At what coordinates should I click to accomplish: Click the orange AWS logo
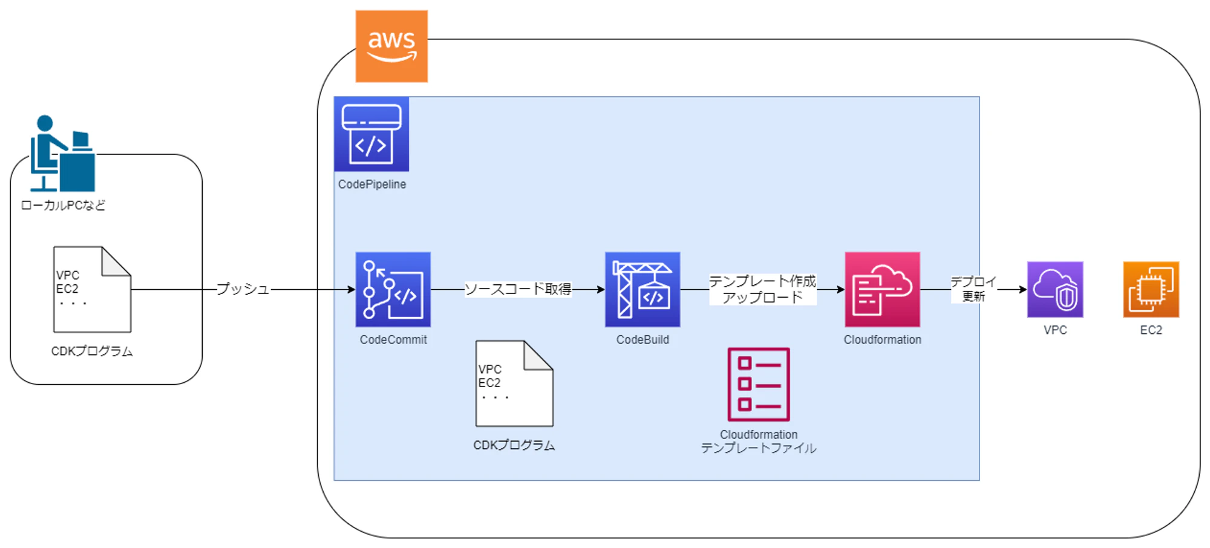pyautogui.click(x=391, y=46)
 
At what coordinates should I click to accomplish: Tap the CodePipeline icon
pyautogui.click(x=371, y=134)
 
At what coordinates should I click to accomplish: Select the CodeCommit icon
pyautogui.click(x=393, y=290)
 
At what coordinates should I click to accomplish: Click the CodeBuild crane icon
pyautogui.click(x=643, y=290)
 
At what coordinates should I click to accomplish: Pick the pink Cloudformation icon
pyautogui.click(x=882, y=290)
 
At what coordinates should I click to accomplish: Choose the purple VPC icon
pyautogui.click(x=1055, y=290)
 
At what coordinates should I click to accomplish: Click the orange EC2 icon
pyautogui.click(x=1151, y=290)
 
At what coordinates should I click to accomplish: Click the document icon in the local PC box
pyautogui.click(x=92, y=290)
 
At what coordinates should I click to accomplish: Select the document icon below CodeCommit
pyautogui.click(x=514, y=383)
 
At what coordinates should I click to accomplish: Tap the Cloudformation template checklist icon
pyautogui.click(x=759, y=384)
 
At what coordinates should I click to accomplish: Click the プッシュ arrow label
pyautogui.click(x=243, y=289)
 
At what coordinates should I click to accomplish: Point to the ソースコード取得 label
pyautogui.click(x=518, y=289)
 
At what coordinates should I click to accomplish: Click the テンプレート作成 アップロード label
pyautogui.click(x=762, y=290)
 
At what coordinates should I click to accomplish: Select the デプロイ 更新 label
pyautogui.click(x=973, y=289)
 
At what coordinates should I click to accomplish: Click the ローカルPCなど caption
pyautogui.click(x=63, y=206)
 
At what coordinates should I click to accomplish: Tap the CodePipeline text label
pyautogui.click(x=372, y=184)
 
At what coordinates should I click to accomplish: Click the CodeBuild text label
pyautogui.click(x=643, y=340)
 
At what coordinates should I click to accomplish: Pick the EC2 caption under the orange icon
pyautogui.click(x=1151, y=330)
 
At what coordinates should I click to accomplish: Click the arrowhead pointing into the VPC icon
pyautogui.click(x=1023, y=290)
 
